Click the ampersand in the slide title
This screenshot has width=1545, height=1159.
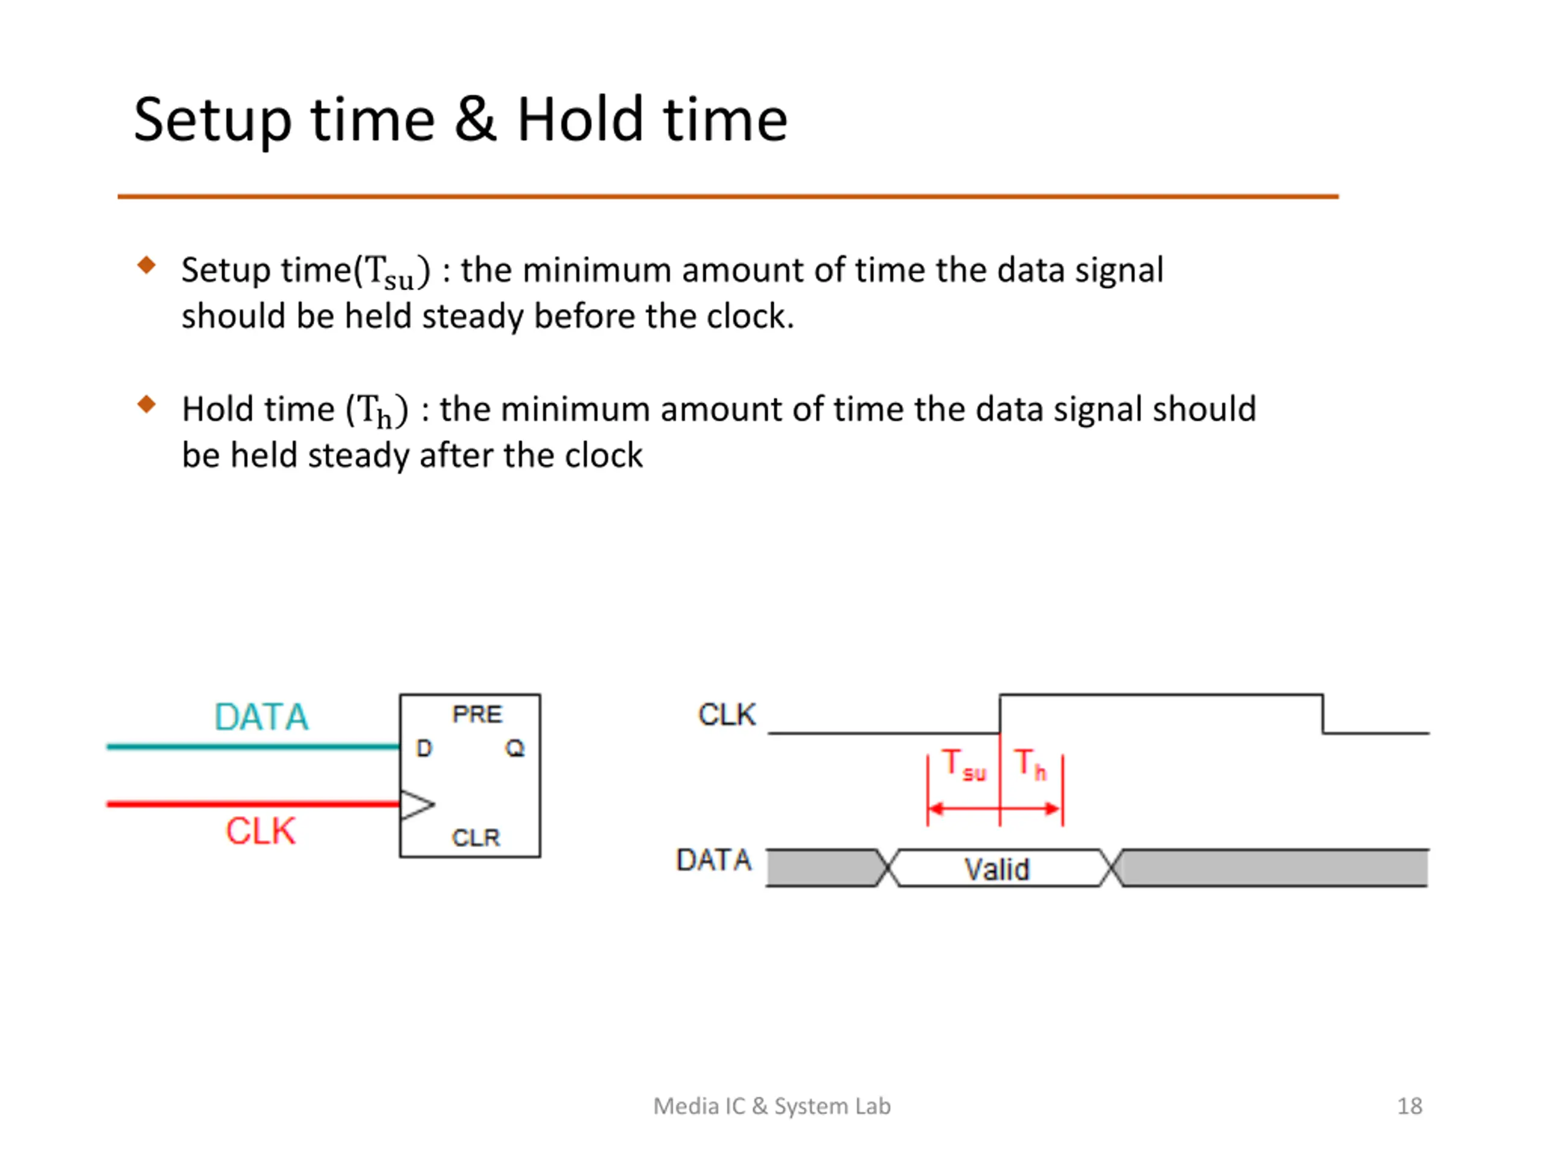475,120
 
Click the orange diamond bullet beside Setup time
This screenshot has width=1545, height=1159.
147,266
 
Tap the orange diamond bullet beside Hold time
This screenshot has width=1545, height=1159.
147,404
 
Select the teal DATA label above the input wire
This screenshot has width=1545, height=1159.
261,717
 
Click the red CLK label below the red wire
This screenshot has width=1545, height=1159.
261,831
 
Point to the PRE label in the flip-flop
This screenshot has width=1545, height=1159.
477,715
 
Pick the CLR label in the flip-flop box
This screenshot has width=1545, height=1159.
476,838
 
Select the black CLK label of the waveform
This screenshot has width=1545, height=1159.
727,715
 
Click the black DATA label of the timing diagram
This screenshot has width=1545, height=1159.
714,860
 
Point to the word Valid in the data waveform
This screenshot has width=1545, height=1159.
997,870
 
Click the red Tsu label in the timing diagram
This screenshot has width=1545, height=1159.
963,764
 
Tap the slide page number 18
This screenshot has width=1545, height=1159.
1409,1106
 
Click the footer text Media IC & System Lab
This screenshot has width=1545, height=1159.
772,1106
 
